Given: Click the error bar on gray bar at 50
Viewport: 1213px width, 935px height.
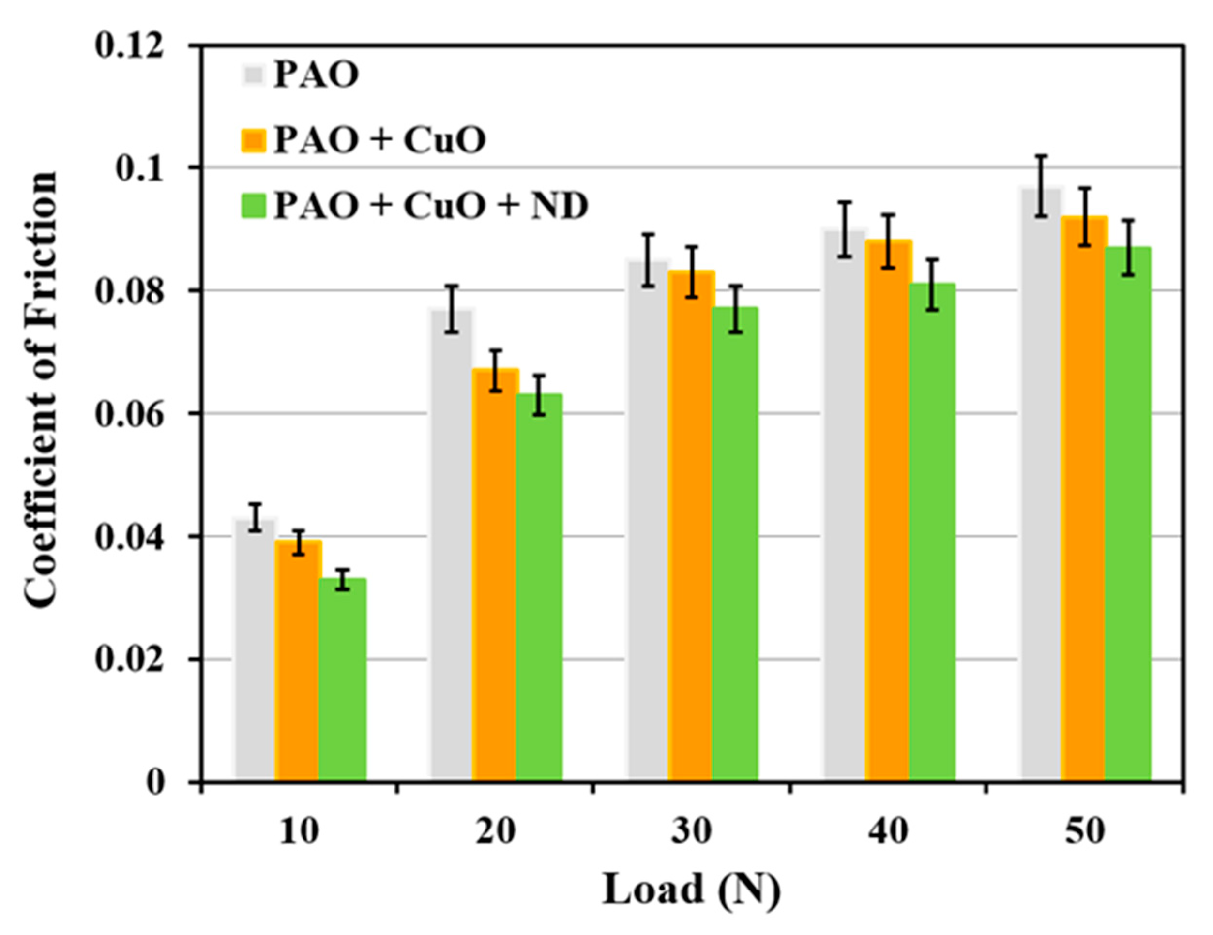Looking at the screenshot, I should (x=1042, y=186).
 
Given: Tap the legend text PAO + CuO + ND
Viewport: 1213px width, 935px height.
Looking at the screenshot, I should (x=430, y=206).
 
